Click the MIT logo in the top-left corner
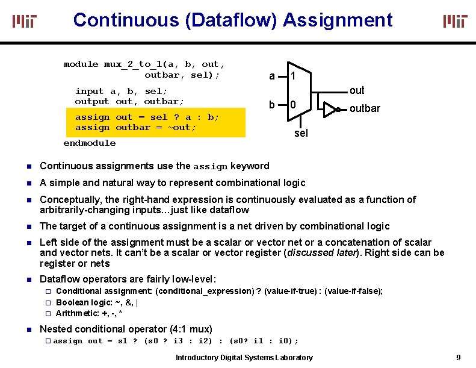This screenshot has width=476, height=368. [25, 22]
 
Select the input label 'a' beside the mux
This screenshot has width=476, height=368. [272, 76]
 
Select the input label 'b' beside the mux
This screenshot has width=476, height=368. [272, 105]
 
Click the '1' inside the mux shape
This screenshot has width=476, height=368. [292, 76]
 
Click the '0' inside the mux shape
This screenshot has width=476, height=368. [292, 105]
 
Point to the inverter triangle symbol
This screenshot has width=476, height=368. [330, 109]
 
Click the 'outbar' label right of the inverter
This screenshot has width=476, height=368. [365, 109]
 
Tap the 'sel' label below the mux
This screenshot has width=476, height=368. [301, 133]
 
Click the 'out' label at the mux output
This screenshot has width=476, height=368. [357, 90]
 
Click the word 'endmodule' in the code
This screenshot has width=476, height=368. [90, 143]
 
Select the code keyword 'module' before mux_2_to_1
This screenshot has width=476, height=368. [81, 64]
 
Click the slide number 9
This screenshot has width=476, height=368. [459, 358]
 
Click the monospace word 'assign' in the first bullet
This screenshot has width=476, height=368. [210, 167]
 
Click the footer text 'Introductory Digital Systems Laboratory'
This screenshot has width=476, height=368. [244, 358]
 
